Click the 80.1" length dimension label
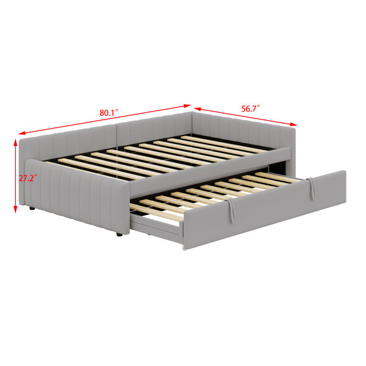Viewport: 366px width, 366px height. (109, 112)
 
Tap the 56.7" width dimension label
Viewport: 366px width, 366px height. (251, 109)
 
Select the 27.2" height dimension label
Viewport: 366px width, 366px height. (28, 178)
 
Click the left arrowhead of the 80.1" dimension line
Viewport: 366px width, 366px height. (21, 133)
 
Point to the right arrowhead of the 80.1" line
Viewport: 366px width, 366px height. (188, 106)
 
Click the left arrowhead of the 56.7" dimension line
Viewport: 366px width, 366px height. (197, 109)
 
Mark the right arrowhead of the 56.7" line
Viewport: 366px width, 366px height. (293, 124)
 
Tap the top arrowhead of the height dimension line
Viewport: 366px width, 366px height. (15, 142)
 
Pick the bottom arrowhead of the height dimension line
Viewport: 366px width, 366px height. (15, 209)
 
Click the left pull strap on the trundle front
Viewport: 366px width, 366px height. (231, 210)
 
